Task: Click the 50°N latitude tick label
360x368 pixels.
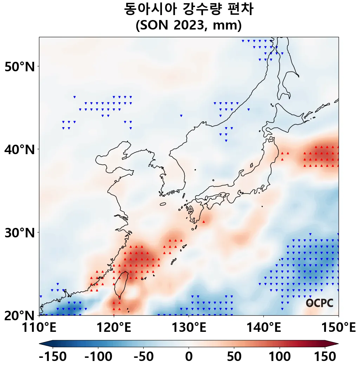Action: coord(20,66)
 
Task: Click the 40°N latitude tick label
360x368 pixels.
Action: coord(20,150)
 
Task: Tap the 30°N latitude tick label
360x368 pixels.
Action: coord(20,232)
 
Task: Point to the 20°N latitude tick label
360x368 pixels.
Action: coord(20,315)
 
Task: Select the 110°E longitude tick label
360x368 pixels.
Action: coord(39,328)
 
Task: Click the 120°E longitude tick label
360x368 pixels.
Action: coord(114,328)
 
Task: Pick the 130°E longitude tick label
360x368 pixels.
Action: coord(189,328)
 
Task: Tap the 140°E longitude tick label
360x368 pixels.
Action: coord(263,328)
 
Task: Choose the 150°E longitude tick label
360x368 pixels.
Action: coord(338,328)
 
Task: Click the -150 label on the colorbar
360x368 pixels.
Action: coord(53,357)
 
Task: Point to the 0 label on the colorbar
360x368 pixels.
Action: coord(189,357)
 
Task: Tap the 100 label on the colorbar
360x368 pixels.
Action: coord(280,357)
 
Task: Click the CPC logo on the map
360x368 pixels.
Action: coord(319,303)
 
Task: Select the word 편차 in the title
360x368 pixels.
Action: coord(240,9)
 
